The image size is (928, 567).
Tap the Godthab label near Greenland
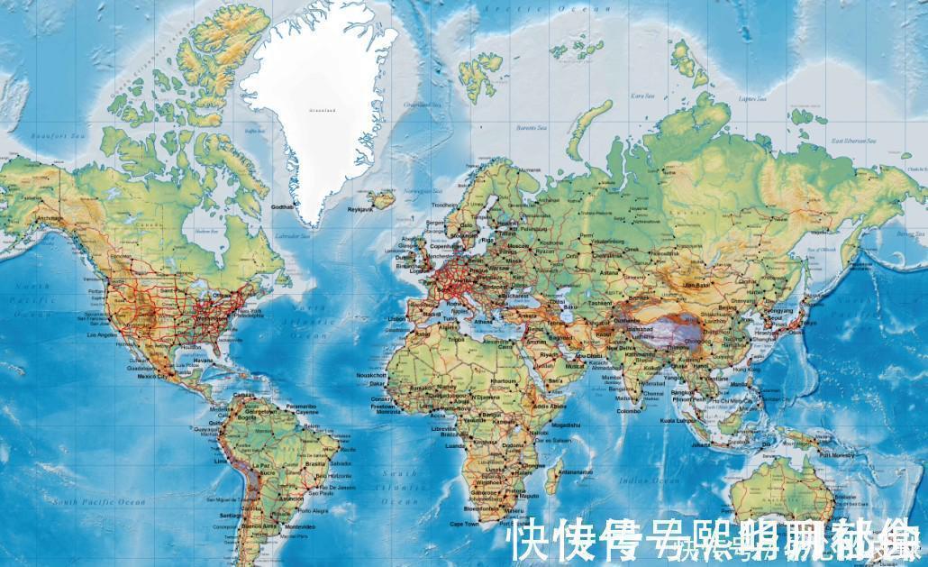pyautogui.click(x=283, y=208)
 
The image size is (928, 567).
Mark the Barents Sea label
pyautogui.click(x=531, y=128)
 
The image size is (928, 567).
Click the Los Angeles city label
pyautogui.click(x=100, y=334)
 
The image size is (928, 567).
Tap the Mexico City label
pyautogui.click(x=147, y=376)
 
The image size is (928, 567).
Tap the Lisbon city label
pyautogui.click(x=396, y=318)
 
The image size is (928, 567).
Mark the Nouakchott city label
pyautogui.click(x=371, y=374)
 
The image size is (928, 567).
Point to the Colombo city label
pyautogui.click(x=630, y=412)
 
